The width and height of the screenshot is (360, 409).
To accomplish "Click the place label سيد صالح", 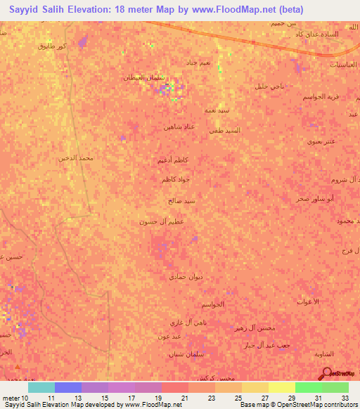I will pos(182,201).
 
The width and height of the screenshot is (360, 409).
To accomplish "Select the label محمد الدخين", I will pos(76,158).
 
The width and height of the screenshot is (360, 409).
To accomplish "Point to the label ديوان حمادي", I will pos(186,277).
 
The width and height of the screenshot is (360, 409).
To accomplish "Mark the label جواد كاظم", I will pos(175,180).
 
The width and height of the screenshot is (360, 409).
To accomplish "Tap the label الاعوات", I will pos(307,301).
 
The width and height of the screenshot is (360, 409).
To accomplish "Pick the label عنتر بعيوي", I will pos(305,141).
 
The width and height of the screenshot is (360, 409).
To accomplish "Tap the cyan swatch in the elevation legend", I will pos(41,387).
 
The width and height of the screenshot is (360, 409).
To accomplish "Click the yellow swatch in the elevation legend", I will pos(282,387).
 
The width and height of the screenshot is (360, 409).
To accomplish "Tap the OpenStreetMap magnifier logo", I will pos(326,373).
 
